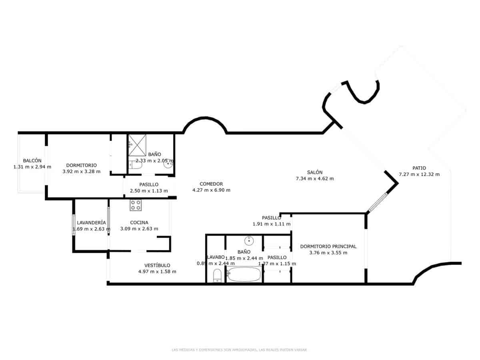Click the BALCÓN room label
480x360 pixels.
click(32, 160)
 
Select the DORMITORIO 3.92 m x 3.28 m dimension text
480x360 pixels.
click(82, 172)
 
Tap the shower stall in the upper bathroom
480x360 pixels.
click(137, 144)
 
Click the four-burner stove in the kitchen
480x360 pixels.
click(136, 205)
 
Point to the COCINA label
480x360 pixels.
click(139, 222)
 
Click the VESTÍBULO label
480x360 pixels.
click(157, 265)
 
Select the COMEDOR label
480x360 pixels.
click(211, 184)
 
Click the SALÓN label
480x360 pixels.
click(315, 172)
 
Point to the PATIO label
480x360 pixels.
click(419, 168)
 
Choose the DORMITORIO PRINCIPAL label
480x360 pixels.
click(328, 246)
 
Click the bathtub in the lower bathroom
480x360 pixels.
click(244, 275)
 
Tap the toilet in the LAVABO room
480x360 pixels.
click(217, 276)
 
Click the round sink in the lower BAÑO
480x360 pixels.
click(249, 240)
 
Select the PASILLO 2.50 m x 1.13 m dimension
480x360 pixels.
click(149, 191)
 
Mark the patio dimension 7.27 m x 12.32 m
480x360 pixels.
click(419, 174)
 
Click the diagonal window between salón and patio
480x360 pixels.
click(377, 202)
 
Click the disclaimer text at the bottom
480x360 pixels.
click(239, 350)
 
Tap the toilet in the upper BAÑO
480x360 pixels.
click(136, 164)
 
